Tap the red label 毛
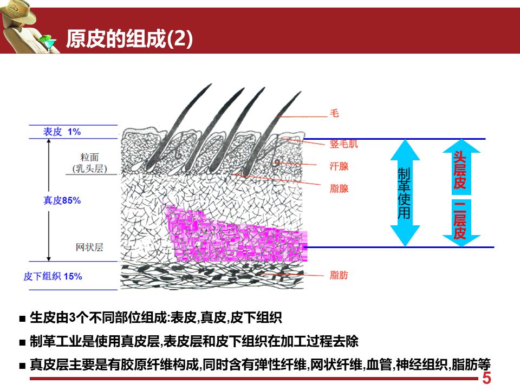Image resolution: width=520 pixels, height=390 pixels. [334, 114]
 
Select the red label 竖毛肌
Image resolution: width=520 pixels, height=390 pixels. [344, 144]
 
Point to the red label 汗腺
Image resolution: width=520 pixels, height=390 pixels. [339, 166]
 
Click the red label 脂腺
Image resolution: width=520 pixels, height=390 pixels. [339, 189]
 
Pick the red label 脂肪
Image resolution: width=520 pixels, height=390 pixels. [339, 276]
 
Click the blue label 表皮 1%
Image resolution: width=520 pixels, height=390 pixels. [62, 132]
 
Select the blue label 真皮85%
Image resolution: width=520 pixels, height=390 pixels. [62, 200]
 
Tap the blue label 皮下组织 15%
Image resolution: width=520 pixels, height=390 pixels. [53, 276]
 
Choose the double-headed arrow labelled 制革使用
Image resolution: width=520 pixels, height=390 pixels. [405, 193]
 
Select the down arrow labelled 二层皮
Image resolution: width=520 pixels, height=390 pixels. [460, 223]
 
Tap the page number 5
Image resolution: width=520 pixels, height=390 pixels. [486, 378]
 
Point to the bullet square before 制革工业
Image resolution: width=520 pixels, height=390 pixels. [22, 342]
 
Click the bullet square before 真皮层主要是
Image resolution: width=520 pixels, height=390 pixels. [22, 366]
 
